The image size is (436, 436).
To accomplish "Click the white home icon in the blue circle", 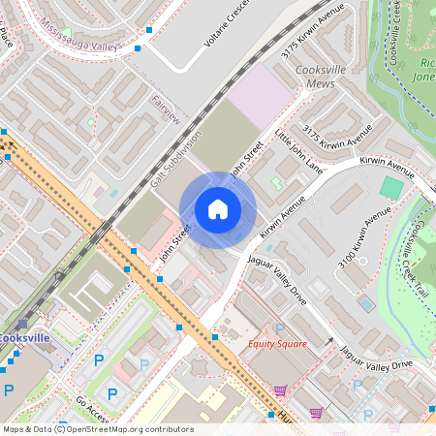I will (218, 209).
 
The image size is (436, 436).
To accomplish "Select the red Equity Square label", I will (277, 344).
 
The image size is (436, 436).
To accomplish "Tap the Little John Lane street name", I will (296, 150).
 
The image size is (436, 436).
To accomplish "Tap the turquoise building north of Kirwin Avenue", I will (391, 187).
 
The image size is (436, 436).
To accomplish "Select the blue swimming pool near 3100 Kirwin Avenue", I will (366, 302).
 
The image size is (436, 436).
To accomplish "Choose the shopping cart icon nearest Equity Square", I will (280, 390).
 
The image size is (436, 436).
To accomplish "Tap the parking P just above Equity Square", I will (280, 328).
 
